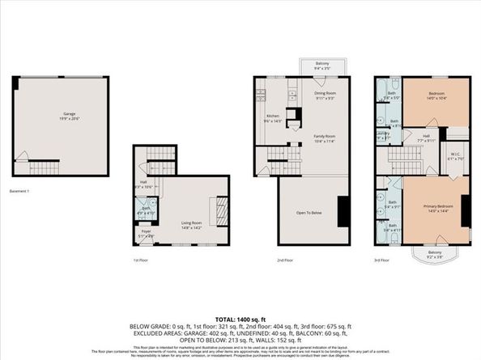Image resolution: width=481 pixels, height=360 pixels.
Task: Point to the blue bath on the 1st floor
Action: (147, 212)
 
